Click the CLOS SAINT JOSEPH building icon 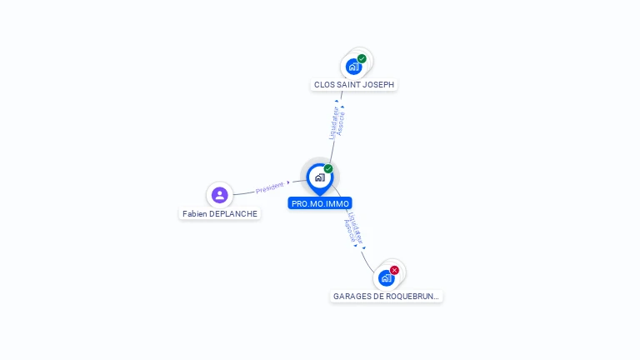(354, 67)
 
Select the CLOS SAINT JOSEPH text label (354, 84)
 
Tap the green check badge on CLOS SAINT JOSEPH (362, 59)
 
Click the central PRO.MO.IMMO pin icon (319, 177)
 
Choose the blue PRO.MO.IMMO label (320, 203)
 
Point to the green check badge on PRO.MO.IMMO (328, 169)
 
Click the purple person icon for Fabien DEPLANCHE (220, 195)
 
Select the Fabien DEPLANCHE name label (220, 213)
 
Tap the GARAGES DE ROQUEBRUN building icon (386, 278)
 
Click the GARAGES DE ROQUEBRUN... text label (386, 296)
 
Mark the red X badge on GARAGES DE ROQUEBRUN (394, 270)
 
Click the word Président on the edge (270, 187)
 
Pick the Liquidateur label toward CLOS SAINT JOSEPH (333, 122)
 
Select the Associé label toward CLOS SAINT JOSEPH (342, 123)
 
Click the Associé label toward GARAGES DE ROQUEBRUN (348, 231)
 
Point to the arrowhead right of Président (288, 182)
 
